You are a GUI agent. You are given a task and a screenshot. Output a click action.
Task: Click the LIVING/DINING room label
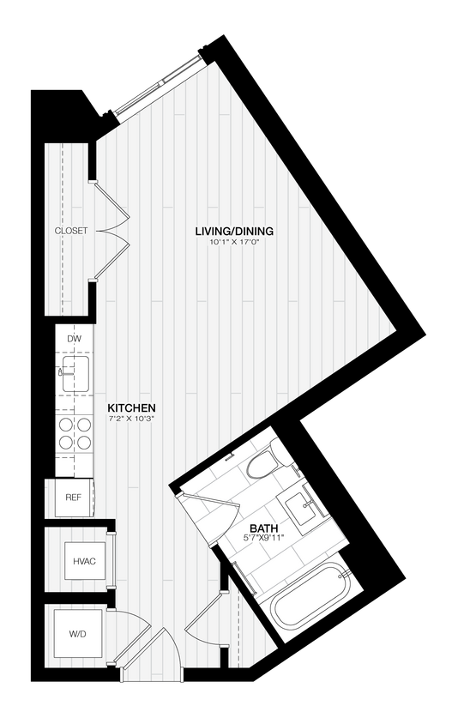[234, 231]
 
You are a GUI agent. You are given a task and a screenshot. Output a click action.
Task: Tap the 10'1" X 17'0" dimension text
[234, 243]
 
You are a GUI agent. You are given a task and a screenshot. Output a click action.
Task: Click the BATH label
[263, 528]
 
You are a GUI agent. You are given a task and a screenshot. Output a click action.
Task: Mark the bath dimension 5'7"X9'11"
[263, 539]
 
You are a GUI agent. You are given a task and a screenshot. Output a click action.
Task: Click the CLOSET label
[70, 232]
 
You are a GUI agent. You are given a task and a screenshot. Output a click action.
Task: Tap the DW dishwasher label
[73, 340]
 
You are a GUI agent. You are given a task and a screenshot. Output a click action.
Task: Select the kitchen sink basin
[75, 373]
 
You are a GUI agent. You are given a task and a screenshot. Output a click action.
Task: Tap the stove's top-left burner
[65, 425]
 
